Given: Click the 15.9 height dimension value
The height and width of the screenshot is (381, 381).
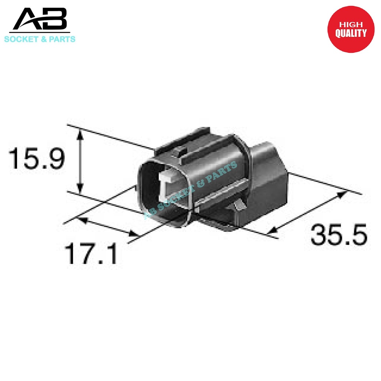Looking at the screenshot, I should pyautogui.click(x=37, y=158).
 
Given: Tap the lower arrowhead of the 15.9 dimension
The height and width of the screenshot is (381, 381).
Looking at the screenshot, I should pyautogui.click(x=79, y=188).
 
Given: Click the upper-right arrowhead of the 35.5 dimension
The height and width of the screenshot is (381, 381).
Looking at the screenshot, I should pyautogui.click(x=342, y=194).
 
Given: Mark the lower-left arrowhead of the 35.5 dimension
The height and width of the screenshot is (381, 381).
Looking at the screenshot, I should pyautogui.click(x=273, y=230).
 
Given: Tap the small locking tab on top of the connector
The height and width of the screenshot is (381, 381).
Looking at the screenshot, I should pyautogui.click(x=181, y=151).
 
